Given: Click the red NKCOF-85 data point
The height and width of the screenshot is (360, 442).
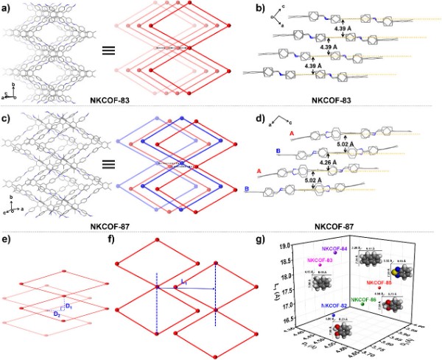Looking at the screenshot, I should tap(379, 287).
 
